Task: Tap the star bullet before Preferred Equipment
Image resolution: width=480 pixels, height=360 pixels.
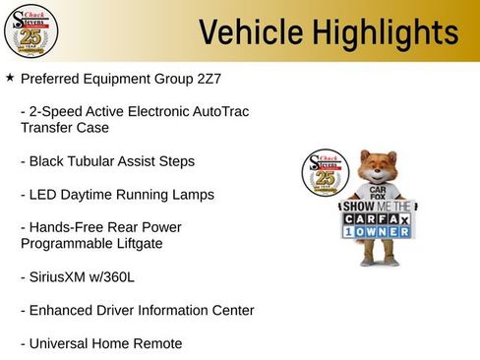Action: click(10, 76)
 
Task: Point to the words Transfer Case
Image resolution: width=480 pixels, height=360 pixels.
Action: click(64, 127)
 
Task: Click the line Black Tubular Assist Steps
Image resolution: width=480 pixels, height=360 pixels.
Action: click(107, 160)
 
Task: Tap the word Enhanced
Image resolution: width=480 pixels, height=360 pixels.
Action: click(64, 310)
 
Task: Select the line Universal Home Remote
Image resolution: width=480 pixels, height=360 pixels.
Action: click(100, 343)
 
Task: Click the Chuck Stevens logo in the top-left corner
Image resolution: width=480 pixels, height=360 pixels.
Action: click(30, 31)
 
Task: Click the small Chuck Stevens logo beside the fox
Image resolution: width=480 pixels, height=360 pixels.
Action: click(327, 176)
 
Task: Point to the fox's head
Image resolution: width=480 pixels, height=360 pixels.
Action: click(378, 167)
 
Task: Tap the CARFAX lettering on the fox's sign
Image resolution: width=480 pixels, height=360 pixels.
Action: click(378, 221)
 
